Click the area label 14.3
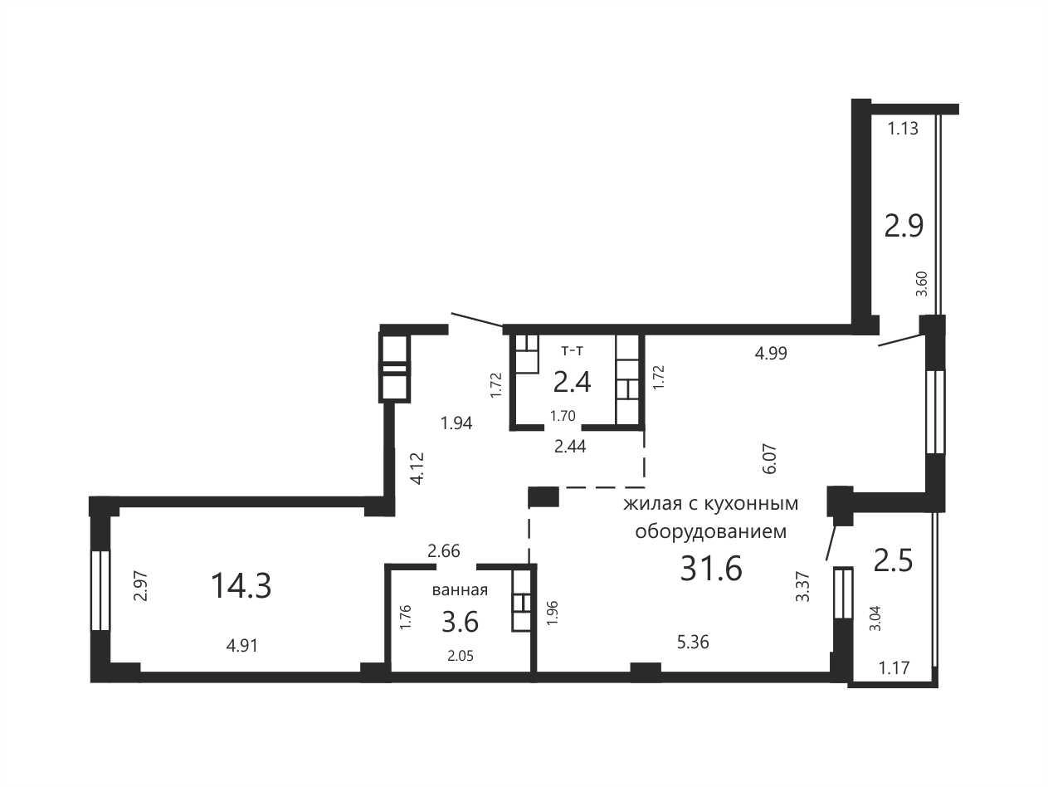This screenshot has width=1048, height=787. point(241,586)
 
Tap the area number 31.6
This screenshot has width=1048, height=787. point(711,569)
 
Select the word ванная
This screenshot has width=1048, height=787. point(460,590)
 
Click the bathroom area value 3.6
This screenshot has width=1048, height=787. point(460,623)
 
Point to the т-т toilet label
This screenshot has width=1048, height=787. point(572,351)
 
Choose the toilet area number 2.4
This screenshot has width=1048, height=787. point(572,383)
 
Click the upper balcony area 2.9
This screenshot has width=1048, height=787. point(904,226)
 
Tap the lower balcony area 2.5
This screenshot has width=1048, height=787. point(894,560)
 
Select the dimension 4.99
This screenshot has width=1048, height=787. point(771,354)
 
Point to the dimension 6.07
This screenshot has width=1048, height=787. point(770,459)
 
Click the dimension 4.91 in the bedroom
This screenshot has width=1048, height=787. point(242,646)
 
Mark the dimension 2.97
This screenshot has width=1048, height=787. point(141,586)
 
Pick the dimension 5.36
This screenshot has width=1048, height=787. point(693,643)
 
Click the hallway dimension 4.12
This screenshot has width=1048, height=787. point(417,468)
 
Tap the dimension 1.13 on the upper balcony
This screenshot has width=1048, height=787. point(903,129)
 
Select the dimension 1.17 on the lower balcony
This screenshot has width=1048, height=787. point(894,667)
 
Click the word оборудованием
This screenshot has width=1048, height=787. point(711,532)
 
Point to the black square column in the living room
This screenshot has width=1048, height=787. point(543,496)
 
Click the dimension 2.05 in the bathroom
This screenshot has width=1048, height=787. point(461,656)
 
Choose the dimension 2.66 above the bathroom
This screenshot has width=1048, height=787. point(444,551)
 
